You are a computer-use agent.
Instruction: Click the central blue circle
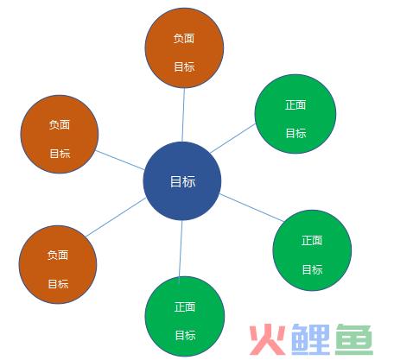[182, 181]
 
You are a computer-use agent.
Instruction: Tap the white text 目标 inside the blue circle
[182, 181]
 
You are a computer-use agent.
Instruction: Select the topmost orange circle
[184, 47]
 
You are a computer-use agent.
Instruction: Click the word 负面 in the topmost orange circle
[184, 38]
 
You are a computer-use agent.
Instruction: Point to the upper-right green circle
[295, 114]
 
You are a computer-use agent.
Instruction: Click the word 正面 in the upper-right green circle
[295, 104]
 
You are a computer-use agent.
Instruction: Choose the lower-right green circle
[312, 250]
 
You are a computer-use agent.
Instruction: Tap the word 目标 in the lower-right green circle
[312, 269]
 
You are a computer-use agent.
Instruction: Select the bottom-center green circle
[185, 317]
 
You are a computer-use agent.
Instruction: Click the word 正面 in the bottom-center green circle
[185, 306]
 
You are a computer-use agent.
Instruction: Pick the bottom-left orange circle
[58, 264]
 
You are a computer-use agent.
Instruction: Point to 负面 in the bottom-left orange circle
[58, 255]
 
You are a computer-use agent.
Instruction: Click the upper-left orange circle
[60, 134]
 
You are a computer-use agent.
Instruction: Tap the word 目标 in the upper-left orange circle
[60, 154]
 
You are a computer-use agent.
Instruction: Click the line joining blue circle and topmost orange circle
[183, 115]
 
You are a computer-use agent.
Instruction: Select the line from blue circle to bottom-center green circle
[181, 249]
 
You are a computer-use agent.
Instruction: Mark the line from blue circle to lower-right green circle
[252, 208]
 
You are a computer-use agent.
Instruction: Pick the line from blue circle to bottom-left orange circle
[116, 218]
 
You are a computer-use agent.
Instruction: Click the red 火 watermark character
[267, 339]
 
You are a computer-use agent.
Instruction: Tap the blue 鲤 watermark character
[310, 339]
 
